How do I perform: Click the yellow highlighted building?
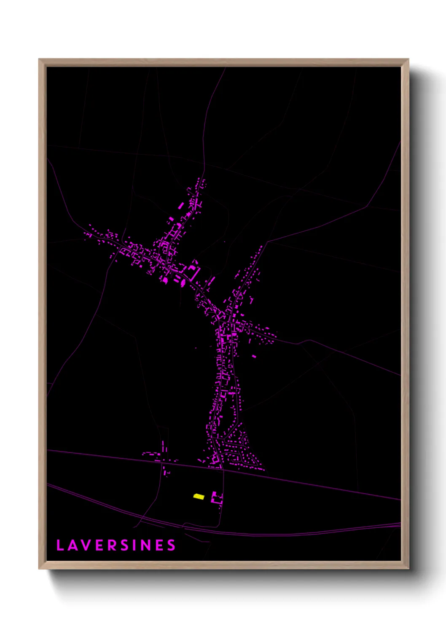pyautogui.click(x=199, y=497)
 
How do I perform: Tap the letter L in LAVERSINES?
pyautogui.click(x=60, y=545)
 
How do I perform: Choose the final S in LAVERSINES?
pyautogui.click(x=171, y=545)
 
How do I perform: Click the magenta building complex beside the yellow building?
pyautogui.click(x=217, y=498)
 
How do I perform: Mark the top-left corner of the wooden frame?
pyautogui.click(x=39, y=59)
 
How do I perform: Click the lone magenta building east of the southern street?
pyautogui.click(x=254, y=356)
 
